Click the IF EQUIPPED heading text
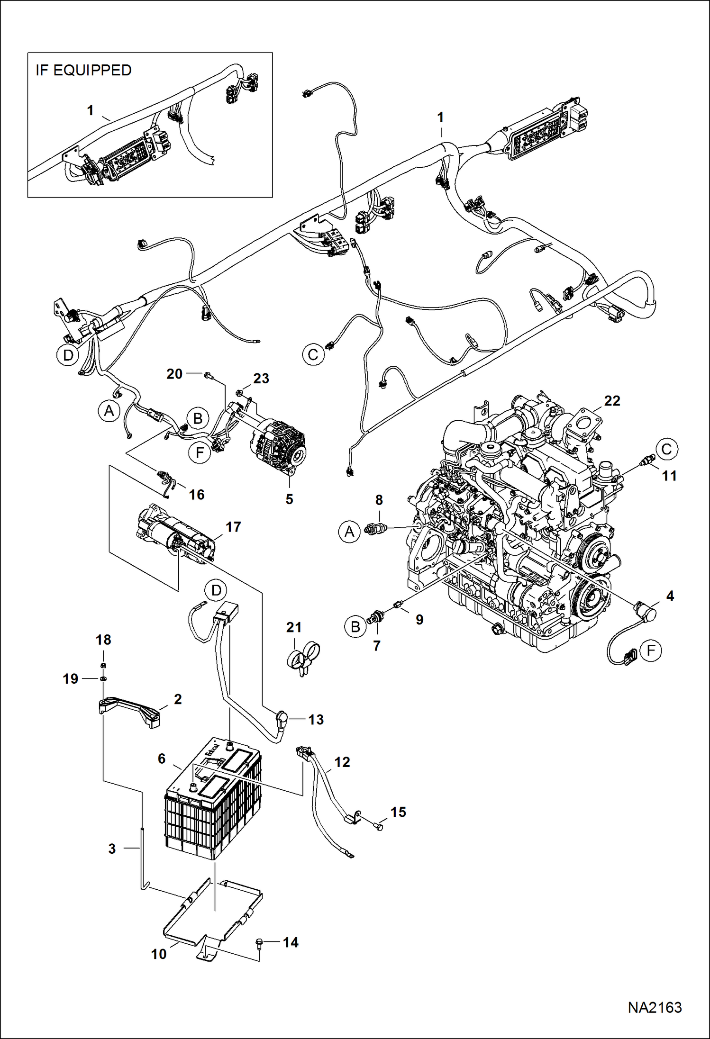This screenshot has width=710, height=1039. pyautogui.click(x=83, y=70)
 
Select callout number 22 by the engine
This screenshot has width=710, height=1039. pyautogui.click(x=612, y=401)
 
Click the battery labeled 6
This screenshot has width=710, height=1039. pyautogui.click(x=213, y=801)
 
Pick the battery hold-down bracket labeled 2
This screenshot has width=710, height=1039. pyautogui.click(x=129, y=711)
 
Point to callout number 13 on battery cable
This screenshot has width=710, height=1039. pyautogui.click(x=316, y=719)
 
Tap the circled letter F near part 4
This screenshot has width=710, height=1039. pyautogui.click(x=650, y=651)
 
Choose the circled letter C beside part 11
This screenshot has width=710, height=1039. pyautogui.click(x=666, y=449)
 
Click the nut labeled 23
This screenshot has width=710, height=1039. pyautogui.click(x=240, y=392)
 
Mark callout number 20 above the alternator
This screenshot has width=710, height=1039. pyautogui.click(x=174, y=374)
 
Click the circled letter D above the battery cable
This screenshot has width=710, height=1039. pyautogui.click(x=216, y=590)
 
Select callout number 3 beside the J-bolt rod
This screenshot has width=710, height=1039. pyautogui.click(x=112, y=849)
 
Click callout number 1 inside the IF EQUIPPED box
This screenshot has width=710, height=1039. pyautogui.click(x=90, y=110)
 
